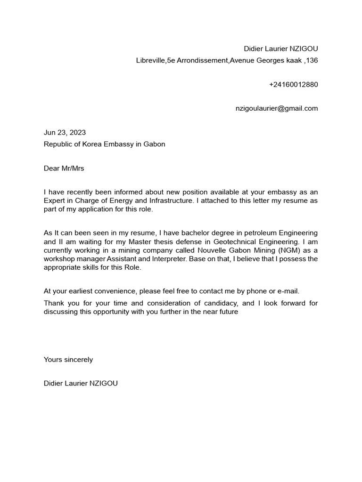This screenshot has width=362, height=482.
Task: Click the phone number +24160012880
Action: (293, 85)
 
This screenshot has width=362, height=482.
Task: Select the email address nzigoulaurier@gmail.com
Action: (277, 108)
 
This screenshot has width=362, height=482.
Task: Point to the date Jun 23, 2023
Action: (65, 133)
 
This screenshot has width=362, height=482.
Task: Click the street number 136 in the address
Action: (312, 60)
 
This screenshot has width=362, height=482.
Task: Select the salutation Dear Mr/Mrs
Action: (64, 168)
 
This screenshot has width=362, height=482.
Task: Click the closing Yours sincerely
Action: (68, 360)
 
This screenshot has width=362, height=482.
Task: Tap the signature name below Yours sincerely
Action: (81, 383)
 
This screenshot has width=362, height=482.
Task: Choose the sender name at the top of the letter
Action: (281, 49)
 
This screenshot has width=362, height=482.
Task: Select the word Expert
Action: (55, 201)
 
